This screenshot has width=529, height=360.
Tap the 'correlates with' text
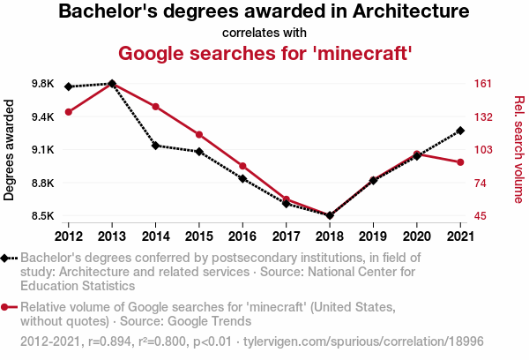(x=264, y=33)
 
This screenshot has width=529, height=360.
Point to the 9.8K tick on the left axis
(x=42, y=84)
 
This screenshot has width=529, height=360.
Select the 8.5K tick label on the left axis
(x=42, y=216)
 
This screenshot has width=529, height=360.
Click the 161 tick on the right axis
(x=481, y=84)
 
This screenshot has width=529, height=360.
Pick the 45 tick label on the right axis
(x=478, y=216)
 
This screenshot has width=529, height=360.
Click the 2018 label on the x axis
(x=330, y=236)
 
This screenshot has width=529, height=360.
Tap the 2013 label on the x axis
(x=111, y=236)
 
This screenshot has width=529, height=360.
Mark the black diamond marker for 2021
(x=460, y=131)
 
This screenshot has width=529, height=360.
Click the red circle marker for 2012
(x=68, y=112)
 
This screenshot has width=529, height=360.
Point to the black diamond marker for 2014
(x=155, y=146)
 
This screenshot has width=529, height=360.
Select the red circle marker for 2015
(x=199, y=134)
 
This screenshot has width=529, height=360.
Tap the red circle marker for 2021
(x=460, y=162)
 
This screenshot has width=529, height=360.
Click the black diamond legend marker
(x=6, y=258)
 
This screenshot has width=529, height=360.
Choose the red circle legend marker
(x=6, y=306)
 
